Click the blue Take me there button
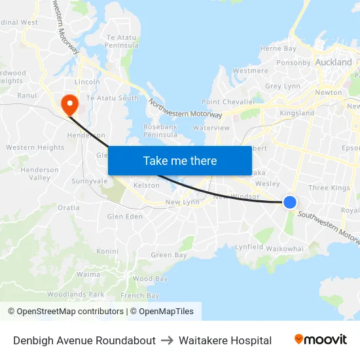[180, 160]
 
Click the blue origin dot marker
[290, 203]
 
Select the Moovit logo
[320, 340]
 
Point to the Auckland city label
[333, 62]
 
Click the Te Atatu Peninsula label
[122, 41]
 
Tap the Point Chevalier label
[228, 102]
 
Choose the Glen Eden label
[124, 217]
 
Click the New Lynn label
[182, 202]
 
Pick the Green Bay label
[161, 255]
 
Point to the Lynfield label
[249, 247]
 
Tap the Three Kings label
[329, 188]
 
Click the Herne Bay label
[278, 48]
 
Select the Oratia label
[68, 207]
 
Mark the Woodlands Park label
[76, 295]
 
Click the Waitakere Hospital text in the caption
[225, 340]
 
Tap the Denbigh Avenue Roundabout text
[84, 340]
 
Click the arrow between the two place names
[167, 340]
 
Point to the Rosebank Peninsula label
[160, 130]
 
